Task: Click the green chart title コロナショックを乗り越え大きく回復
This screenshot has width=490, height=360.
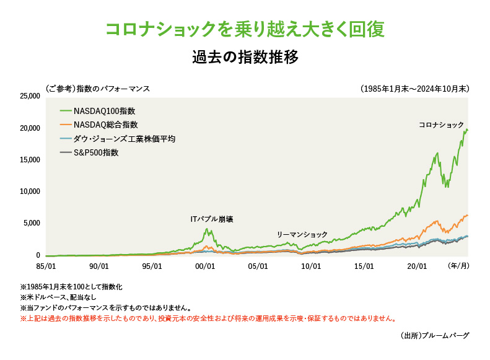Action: click(x=245, y=29)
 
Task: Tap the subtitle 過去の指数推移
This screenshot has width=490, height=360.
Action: click(x=245, y=58)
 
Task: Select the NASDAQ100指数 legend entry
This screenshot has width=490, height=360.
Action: click(x=104, y=111)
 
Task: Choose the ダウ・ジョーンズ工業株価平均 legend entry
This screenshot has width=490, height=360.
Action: click(x=124, y=139)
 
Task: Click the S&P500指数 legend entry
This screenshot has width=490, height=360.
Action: click(x=95, y=152)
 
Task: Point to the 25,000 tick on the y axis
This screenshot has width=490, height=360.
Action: click(x=30, y=96)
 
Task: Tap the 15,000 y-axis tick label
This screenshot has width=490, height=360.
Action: click(x=30, y=160)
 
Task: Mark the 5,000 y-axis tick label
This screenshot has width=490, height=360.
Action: click(x=32, y=223)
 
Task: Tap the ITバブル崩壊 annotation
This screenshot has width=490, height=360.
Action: click(x=212, y=219)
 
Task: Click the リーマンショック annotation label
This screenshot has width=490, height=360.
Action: click(x=302, y=235)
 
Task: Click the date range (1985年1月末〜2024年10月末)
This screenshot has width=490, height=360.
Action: click(x=414, y=89)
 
